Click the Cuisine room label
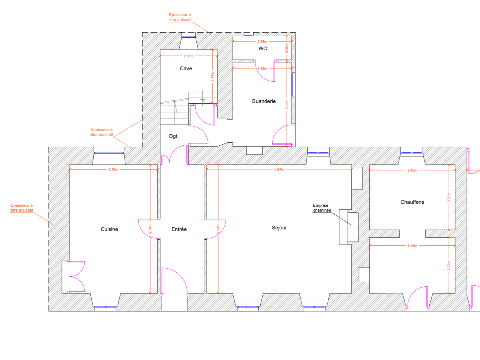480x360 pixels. [x=109, y=229]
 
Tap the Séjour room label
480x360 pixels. [x=279, y=228]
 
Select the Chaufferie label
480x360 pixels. [x=412, y=202]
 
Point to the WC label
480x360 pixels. [x=263, y=48]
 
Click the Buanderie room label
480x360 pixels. [x=264, y=101]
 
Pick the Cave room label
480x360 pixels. [x=186, y=68]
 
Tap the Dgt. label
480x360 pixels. [x=174, y=136]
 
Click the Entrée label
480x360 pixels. [x=179, y=229]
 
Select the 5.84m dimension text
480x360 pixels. [x=279, y=169]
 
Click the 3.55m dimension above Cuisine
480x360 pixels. [x=113, y=169]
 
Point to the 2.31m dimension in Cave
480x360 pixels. [x=189, y=56]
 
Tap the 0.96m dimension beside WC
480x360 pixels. [x=287, y=48]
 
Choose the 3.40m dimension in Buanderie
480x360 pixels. [x=287, y=104]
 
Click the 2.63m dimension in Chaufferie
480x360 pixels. [x=449, y=197]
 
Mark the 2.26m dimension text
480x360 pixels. [x=449, y=265]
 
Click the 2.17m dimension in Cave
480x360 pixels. [x=213, y=77]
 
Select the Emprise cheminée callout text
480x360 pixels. [x=322, y=208]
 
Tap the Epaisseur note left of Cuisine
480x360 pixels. [x=22, y=208]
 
